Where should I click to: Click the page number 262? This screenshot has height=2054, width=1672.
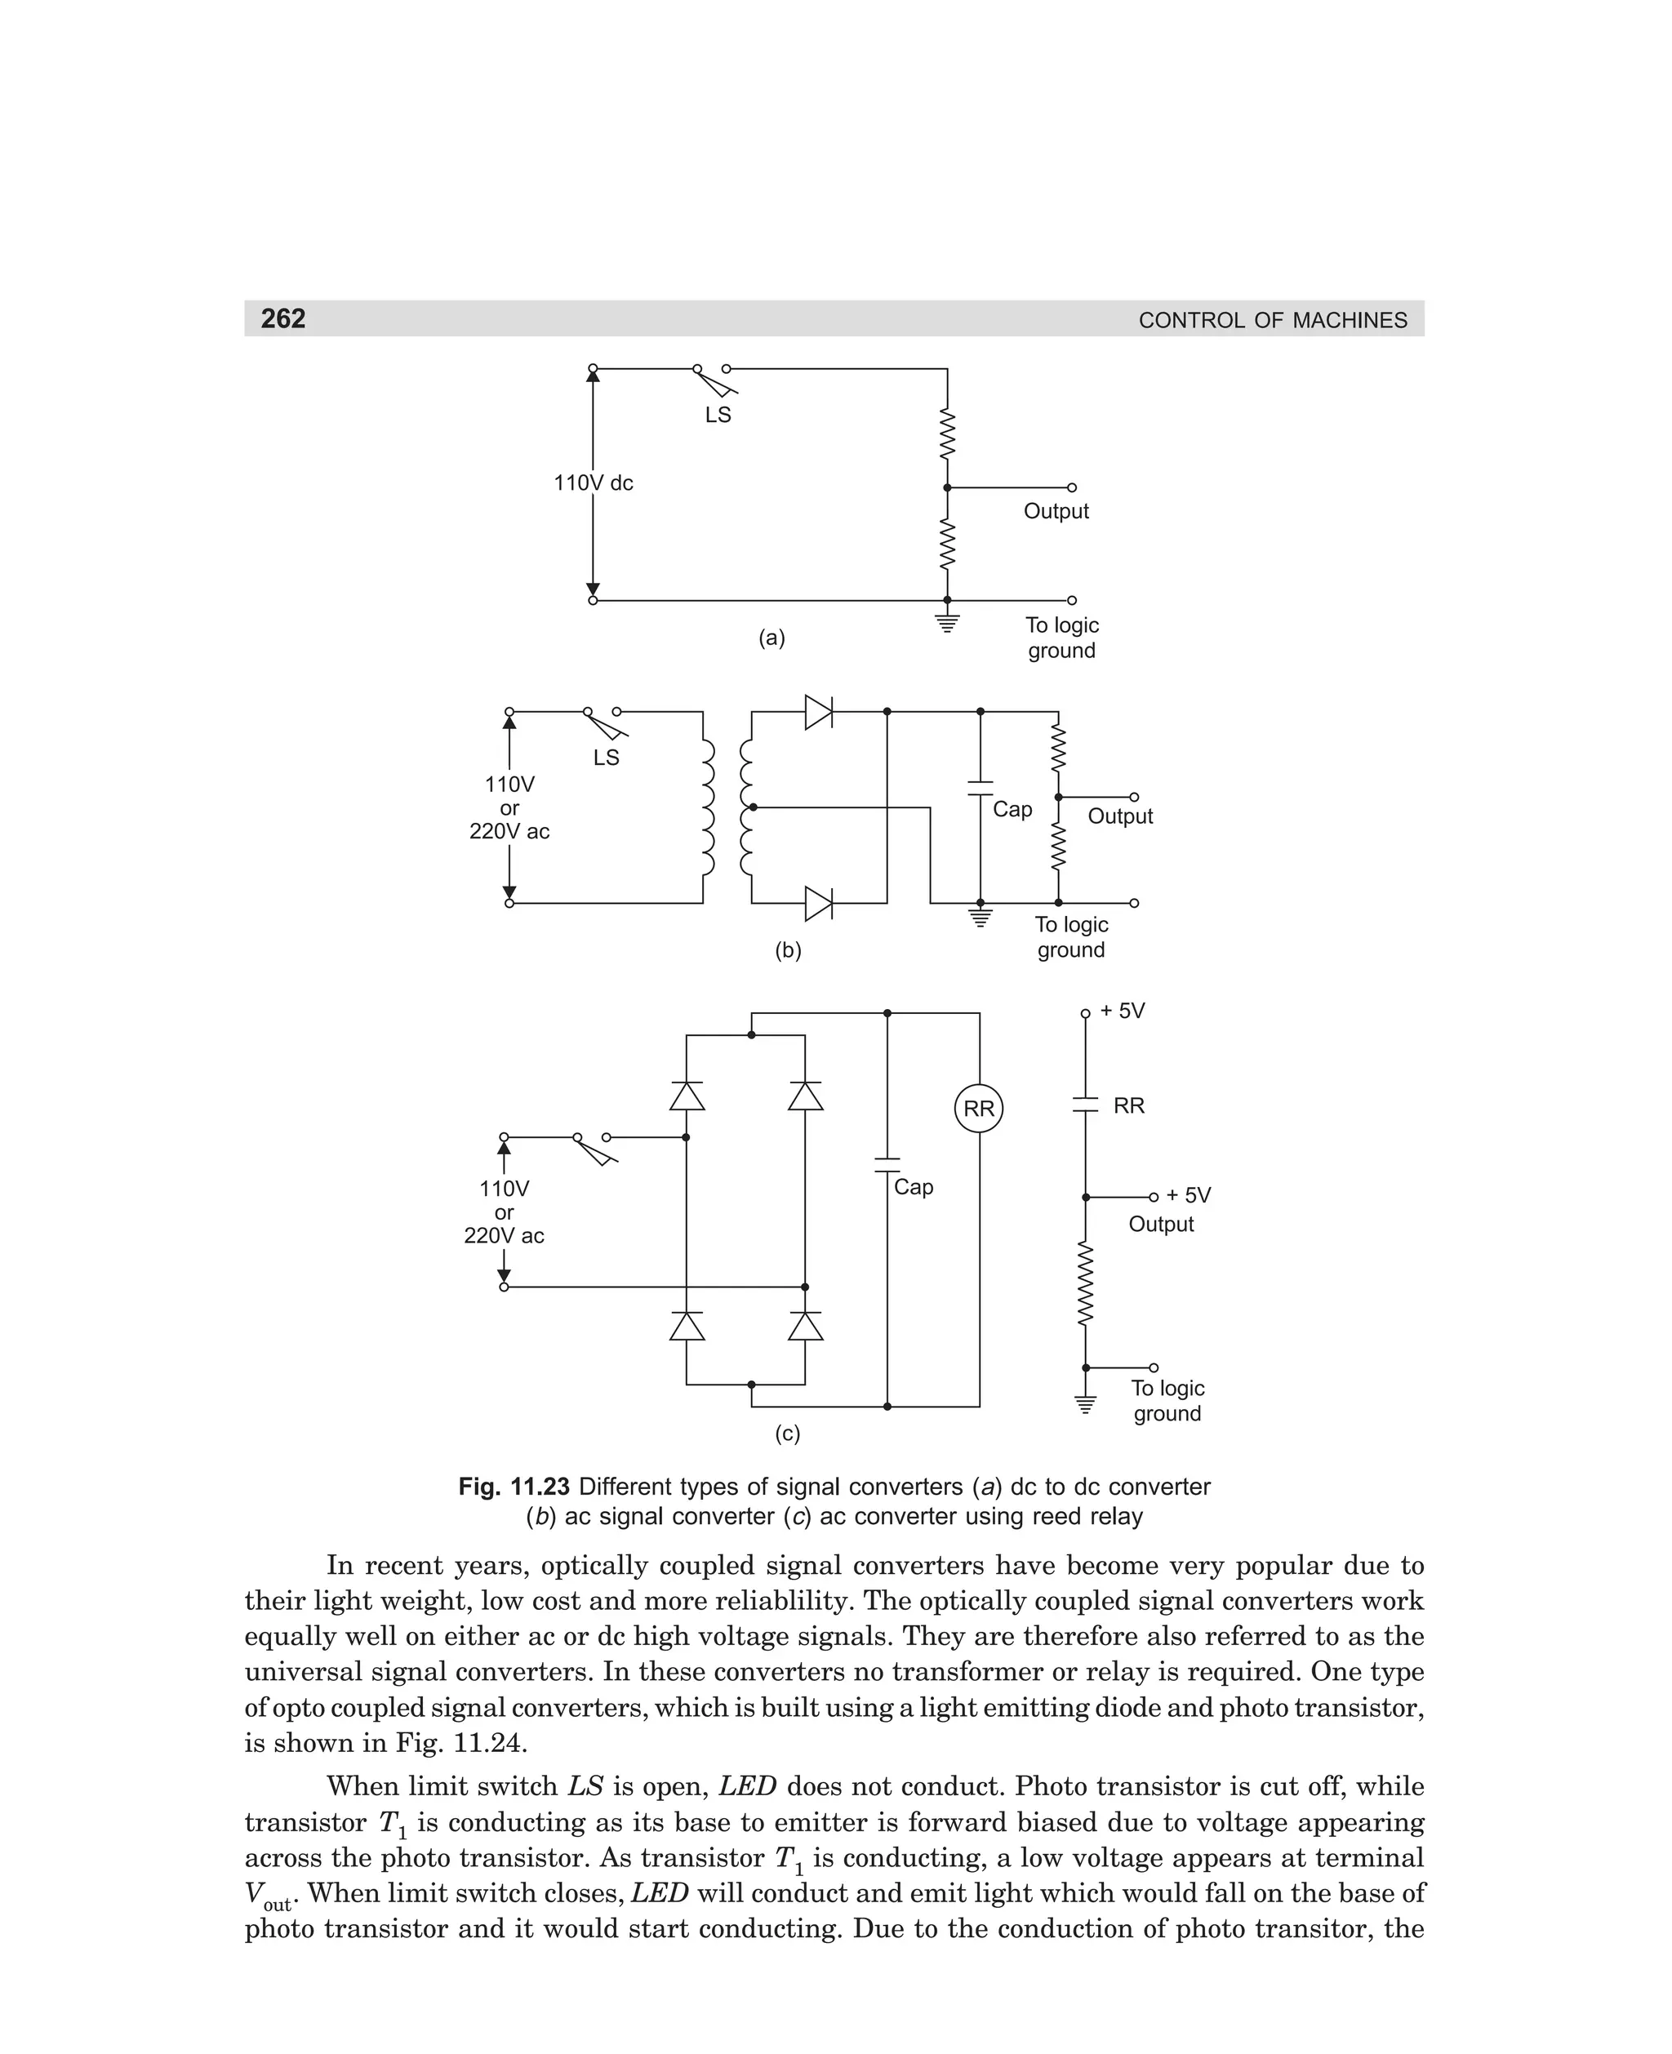283,318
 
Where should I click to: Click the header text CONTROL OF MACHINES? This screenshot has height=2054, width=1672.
1272,321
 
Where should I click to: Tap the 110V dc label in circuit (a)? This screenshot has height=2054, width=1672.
594,483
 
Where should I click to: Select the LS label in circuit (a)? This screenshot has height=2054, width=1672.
718,415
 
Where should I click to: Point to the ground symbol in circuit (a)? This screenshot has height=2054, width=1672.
948,622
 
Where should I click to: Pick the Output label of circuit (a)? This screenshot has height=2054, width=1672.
1056,511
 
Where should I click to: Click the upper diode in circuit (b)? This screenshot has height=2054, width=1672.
819,713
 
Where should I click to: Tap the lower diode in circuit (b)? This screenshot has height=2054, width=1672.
819,903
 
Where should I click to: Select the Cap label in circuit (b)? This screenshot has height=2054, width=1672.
1012,810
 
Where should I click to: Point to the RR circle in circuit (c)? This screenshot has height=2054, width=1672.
979,1109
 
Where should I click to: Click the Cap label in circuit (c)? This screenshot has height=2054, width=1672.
913,1187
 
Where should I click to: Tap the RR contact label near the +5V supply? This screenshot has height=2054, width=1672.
1129,1105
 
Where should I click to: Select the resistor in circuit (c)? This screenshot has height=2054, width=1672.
1086,1283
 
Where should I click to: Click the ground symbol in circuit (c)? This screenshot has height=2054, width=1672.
1086,1404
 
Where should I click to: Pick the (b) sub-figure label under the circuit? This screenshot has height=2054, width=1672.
788,950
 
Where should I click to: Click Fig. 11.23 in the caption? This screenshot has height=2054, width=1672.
514,1487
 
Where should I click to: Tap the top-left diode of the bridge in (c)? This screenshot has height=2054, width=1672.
687,1096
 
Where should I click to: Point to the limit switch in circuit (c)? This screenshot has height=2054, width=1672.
594,1148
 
